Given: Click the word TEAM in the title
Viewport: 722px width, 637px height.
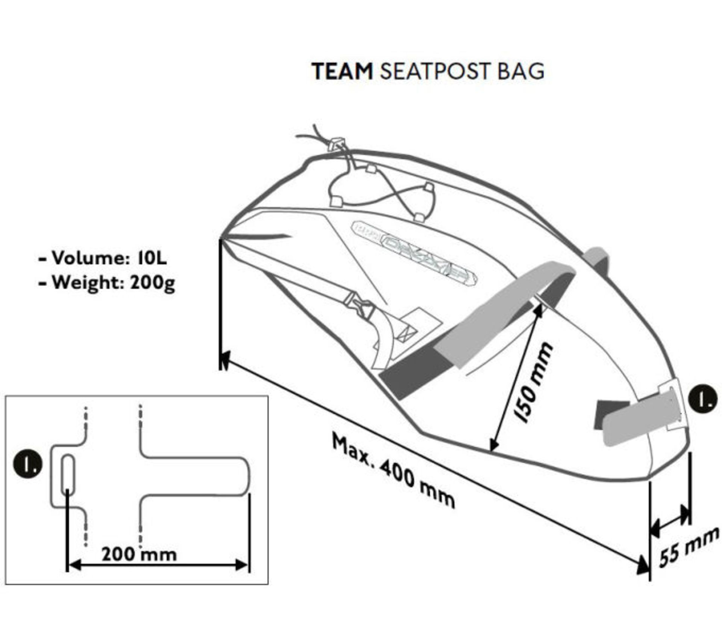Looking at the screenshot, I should point(342,71).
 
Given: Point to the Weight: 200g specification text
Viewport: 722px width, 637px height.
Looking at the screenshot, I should point(107,283).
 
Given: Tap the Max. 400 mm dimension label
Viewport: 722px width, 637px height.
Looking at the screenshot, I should point(393,470).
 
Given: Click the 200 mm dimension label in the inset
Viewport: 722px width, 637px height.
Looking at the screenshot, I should point(139,554).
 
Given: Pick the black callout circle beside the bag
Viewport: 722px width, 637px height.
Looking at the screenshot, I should point(703,400).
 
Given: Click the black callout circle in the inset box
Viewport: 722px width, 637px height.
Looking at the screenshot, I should point(27,465).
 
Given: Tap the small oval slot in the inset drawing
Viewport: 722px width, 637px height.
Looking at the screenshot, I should point(68,475).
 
